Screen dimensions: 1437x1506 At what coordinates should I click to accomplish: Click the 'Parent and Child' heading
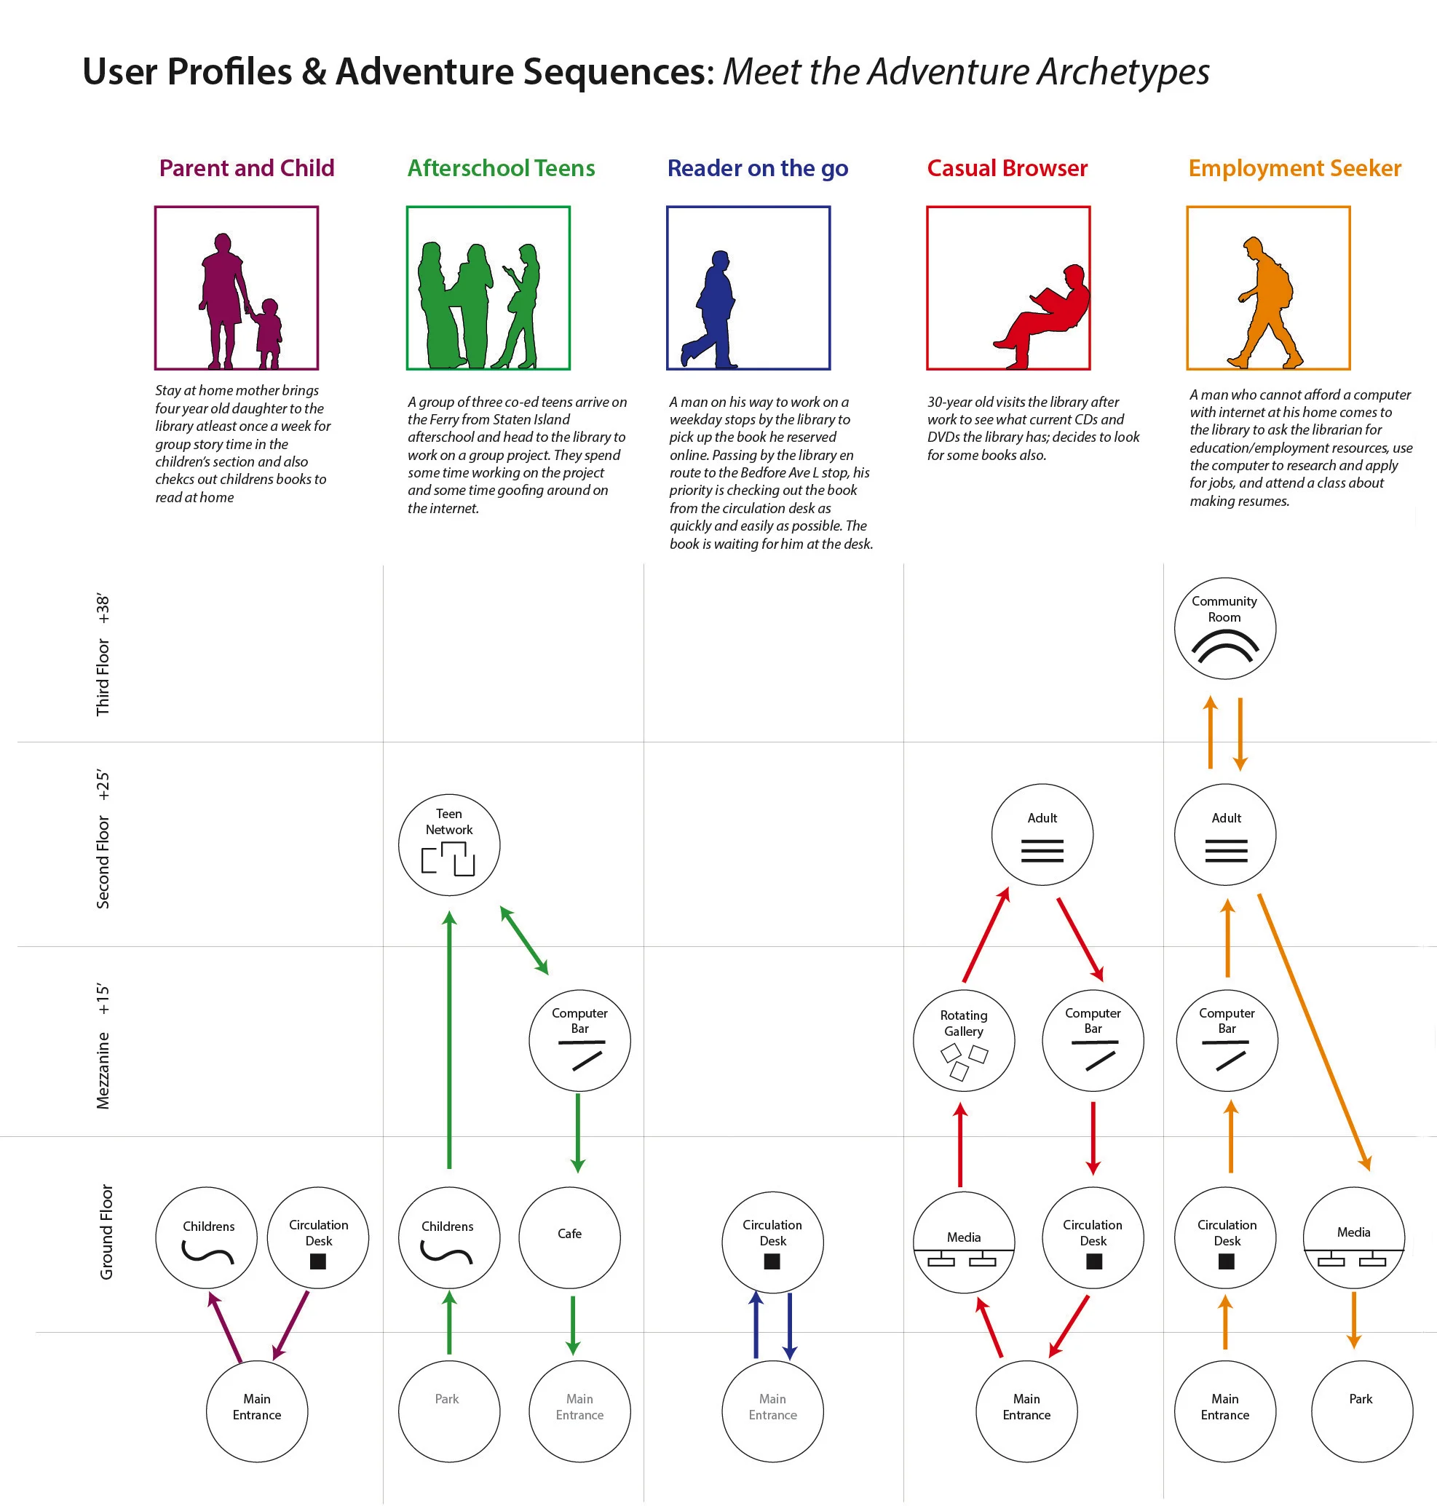(247, 167)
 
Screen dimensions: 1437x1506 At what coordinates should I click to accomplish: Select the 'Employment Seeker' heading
(1294, 167)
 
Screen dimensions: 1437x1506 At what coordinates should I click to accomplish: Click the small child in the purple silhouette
(267, 333)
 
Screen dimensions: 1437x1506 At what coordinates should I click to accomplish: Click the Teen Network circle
(449, 844)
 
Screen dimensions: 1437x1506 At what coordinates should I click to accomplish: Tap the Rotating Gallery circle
(963, 1040)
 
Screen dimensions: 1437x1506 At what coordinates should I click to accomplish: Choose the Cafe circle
(569, 1237)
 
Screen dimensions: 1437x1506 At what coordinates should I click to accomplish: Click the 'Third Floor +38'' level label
(103, 654)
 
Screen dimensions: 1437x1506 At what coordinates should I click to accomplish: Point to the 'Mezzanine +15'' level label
(103, 1046)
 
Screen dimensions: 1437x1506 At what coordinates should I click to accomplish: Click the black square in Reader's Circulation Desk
(772, 1261)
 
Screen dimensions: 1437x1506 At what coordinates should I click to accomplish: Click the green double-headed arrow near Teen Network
(524, 940)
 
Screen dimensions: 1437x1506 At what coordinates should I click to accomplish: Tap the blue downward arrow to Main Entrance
(790, 1326)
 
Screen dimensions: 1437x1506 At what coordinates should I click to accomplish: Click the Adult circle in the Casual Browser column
(1042, 833)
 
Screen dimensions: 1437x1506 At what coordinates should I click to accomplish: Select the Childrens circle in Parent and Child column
(207, 1237)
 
